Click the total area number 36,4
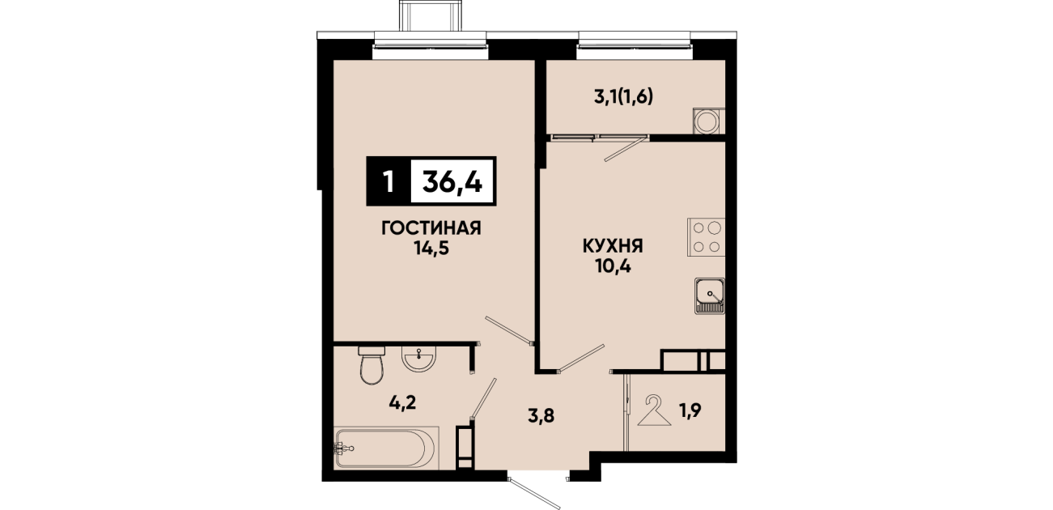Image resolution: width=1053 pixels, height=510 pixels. [452, 181]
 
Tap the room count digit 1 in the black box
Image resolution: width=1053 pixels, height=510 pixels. [389, 181]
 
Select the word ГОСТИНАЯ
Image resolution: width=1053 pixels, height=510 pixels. [431, 228]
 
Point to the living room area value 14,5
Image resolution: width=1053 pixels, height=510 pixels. [431, 248]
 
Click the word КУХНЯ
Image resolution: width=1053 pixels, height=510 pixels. [613, 246]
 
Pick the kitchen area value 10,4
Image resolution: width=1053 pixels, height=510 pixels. [613, 266]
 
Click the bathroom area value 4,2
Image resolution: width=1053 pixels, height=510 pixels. [403, 402]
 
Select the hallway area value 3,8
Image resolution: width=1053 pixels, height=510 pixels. [541, 416]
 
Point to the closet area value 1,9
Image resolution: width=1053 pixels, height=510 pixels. [690, 410]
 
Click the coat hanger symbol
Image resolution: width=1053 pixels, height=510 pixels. [654, 410]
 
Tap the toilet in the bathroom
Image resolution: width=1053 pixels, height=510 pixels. [372, 366]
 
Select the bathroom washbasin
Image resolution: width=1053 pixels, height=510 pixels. [418, 359]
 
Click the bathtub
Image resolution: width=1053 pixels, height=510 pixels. [386, 448]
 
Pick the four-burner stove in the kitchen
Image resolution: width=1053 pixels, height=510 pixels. [706, 237]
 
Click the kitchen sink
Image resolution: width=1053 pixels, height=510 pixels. [710, 295]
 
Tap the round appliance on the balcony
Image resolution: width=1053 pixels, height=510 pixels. [709, 121]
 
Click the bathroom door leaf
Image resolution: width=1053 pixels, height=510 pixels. [484, 398]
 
